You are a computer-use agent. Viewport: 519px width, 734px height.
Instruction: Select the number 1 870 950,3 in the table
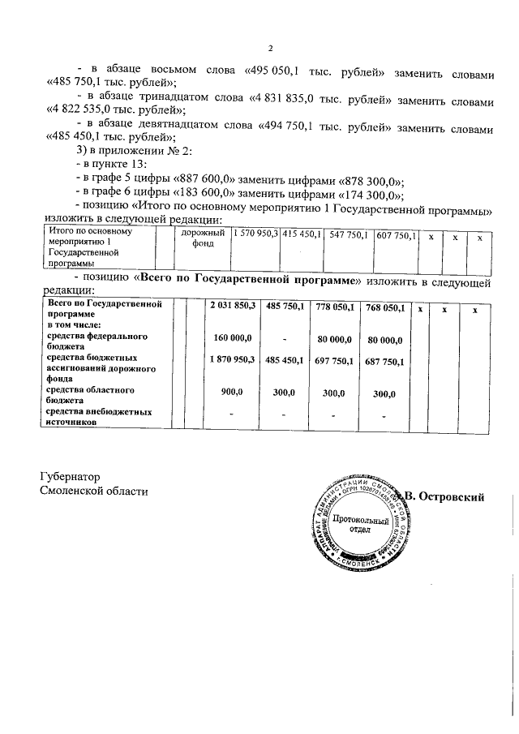pyautogui.click(x=232, y=358)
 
